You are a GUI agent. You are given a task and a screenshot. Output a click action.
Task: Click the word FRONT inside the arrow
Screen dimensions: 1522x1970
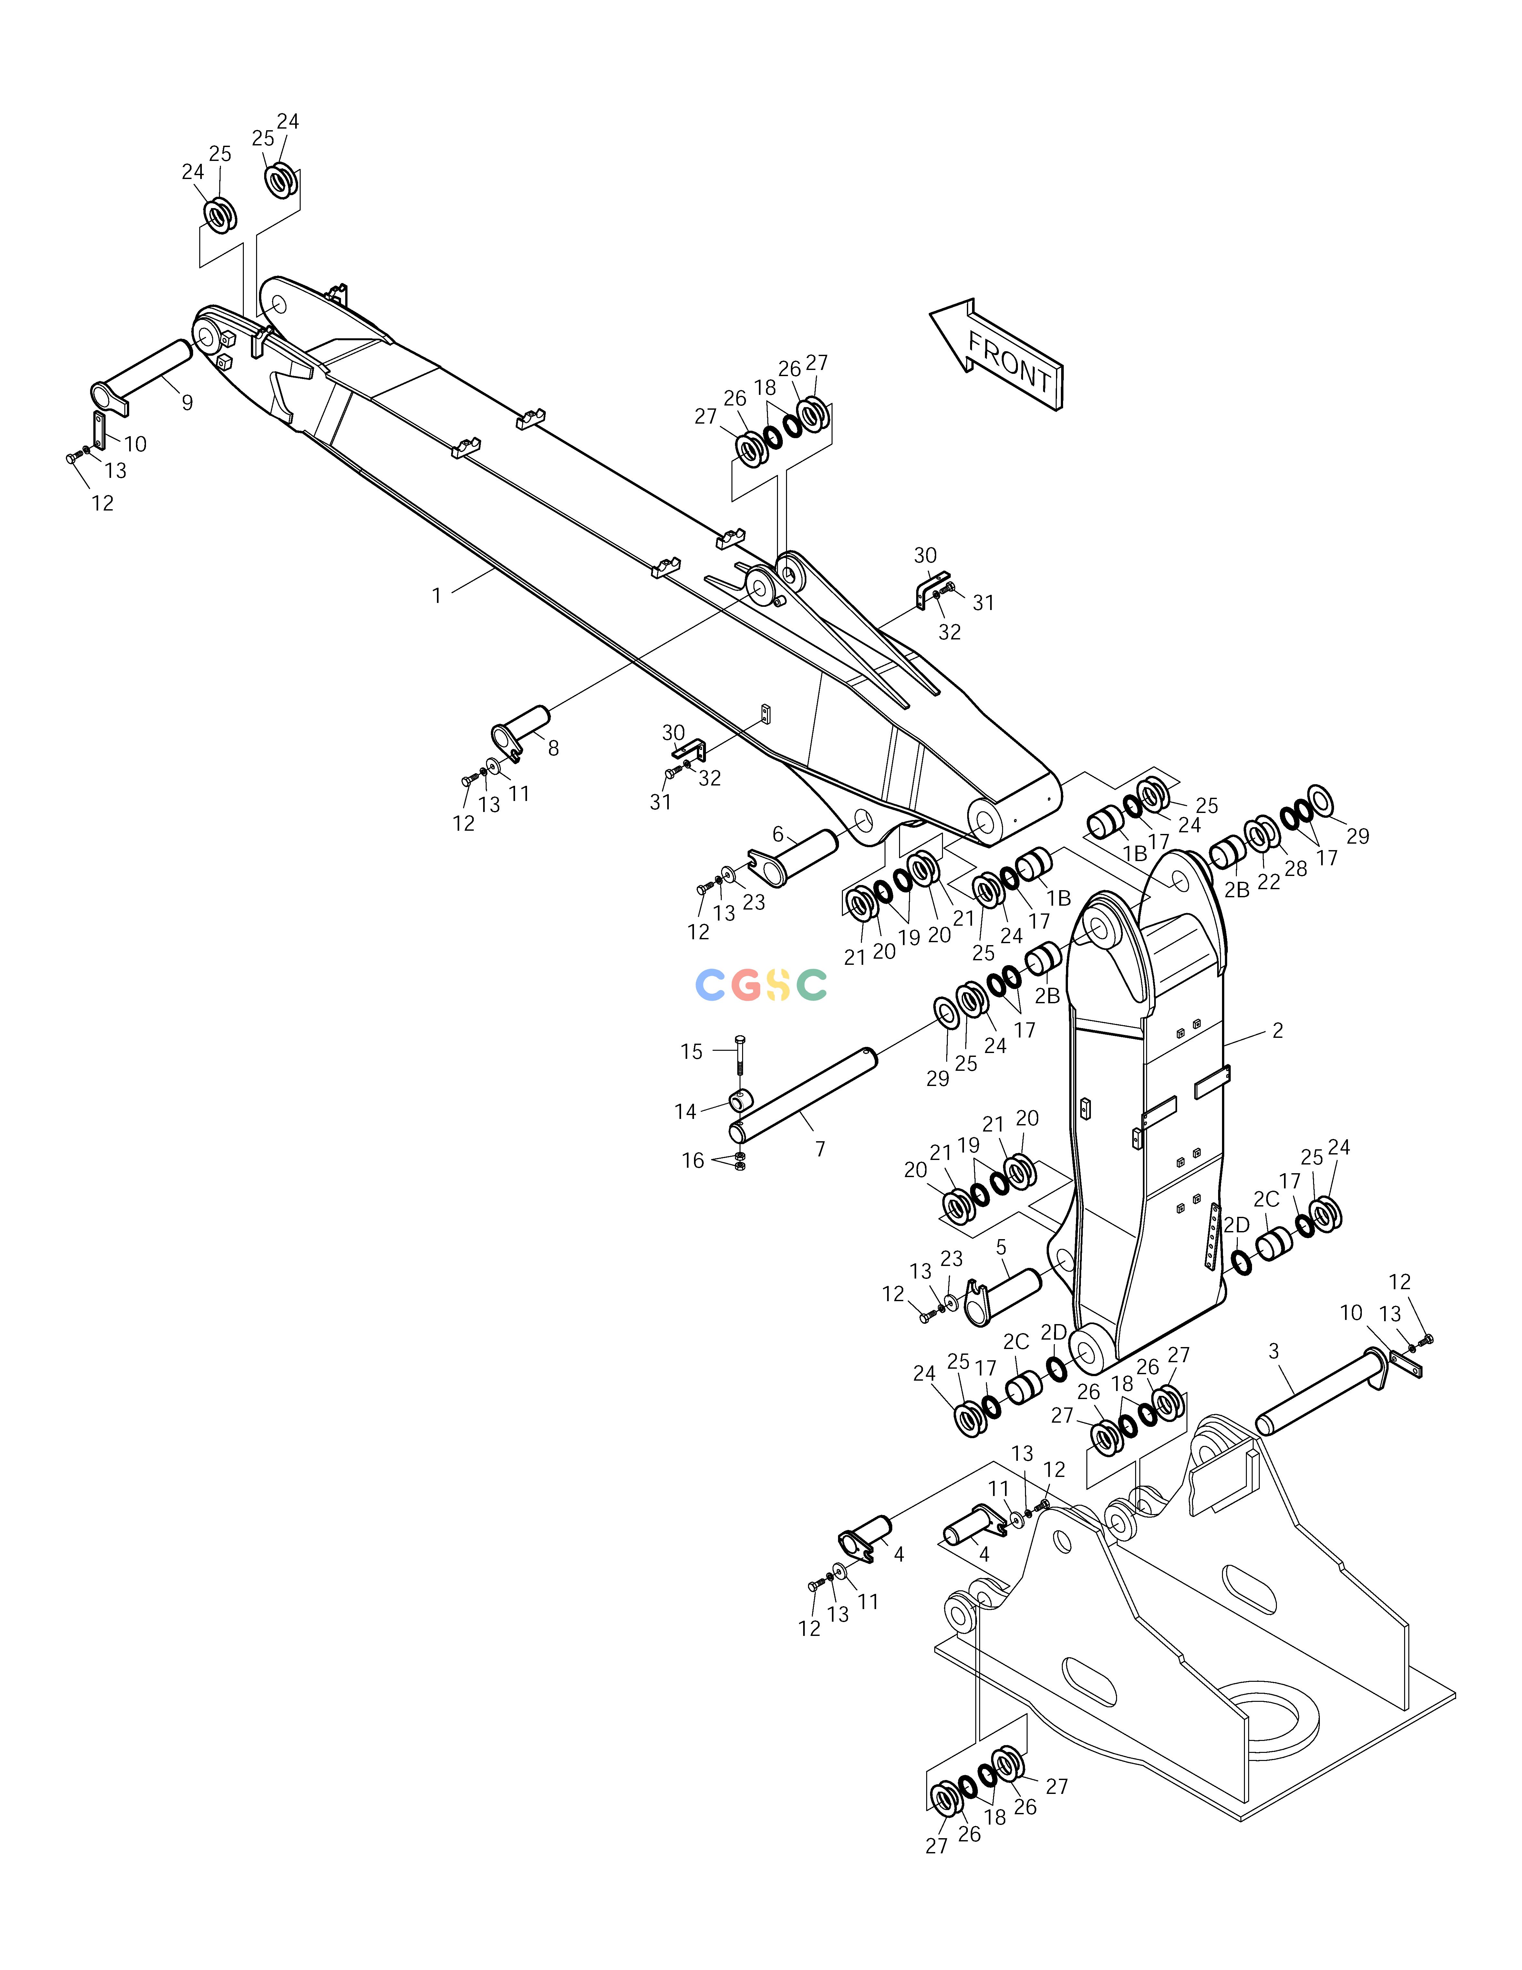(x=1010, y=362)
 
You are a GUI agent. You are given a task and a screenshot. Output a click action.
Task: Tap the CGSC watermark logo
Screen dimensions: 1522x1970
(x=761, y=985)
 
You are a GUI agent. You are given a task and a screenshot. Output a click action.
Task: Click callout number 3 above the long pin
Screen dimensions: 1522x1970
(x=1273, y=1351)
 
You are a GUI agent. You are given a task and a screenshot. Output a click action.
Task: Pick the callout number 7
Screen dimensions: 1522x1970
(x=820, y=1149)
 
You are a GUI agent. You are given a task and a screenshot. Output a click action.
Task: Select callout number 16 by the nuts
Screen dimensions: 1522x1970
(x=692, y=1161)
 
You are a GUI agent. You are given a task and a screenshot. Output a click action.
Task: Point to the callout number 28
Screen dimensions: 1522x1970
(x=1296, y=869)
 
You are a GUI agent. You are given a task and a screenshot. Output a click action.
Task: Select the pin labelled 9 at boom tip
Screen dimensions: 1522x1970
(x=141, y=377)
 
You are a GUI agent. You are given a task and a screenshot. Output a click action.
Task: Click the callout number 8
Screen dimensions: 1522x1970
(x=553, y=748)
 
